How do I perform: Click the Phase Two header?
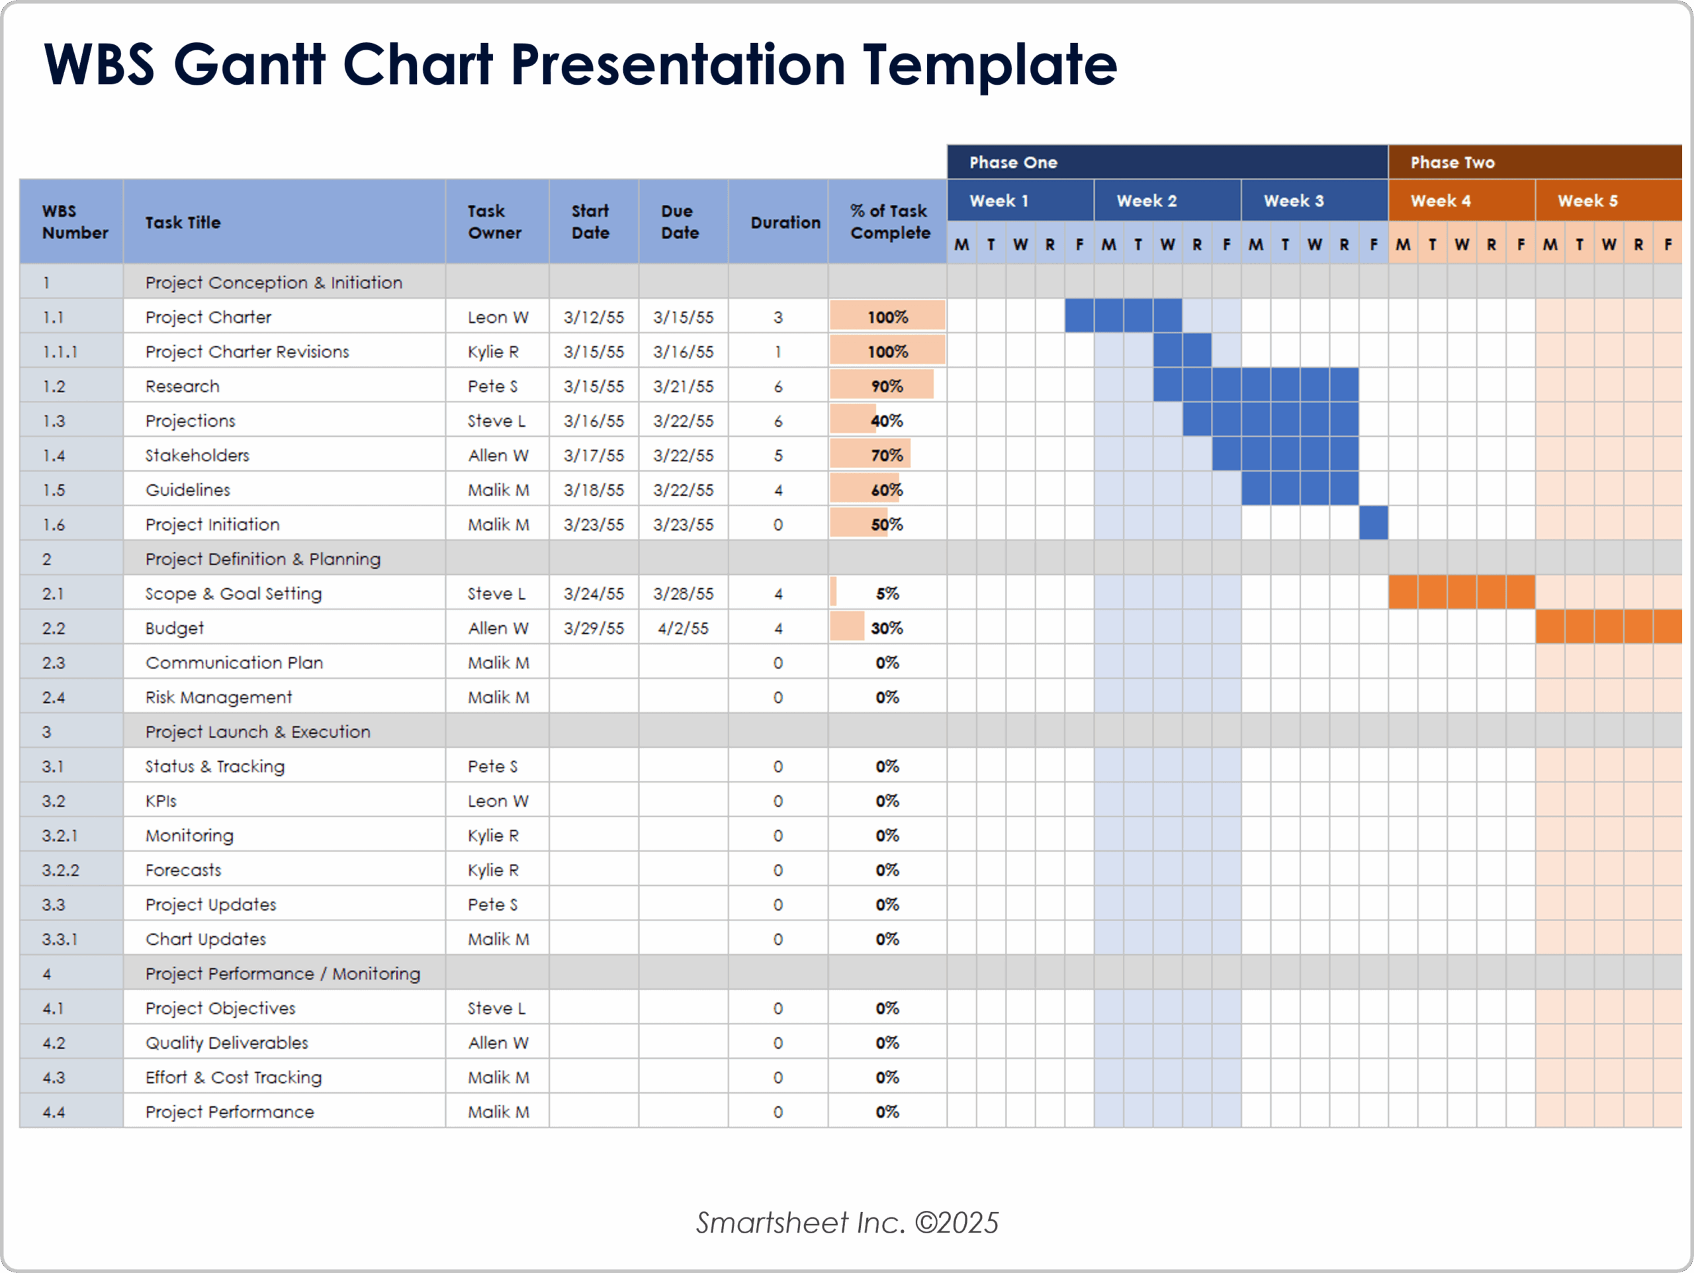point(1452,162)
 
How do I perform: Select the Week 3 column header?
point(1294,200)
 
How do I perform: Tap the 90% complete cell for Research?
point(887,386)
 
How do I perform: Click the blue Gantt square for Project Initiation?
point(1373,524)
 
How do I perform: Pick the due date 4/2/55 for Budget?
point(682,628)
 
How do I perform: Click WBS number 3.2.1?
point(60,835)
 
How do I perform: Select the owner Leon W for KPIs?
point(497,801)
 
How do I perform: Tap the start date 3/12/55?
point(594,317)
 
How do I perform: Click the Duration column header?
point(784,222)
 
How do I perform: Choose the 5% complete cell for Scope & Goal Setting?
point(887,593)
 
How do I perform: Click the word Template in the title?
point(989,64)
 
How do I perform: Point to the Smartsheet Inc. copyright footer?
point(846,1223)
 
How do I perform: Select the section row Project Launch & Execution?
point(257,732)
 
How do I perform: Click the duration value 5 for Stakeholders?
point(778,455)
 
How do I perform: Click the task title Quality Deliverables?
point(227,1043)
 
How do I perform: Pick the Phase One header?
point(1012,162)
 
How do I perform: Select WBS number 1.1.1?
point(60,351)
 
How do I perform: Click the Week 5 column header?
point(1587,200)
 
